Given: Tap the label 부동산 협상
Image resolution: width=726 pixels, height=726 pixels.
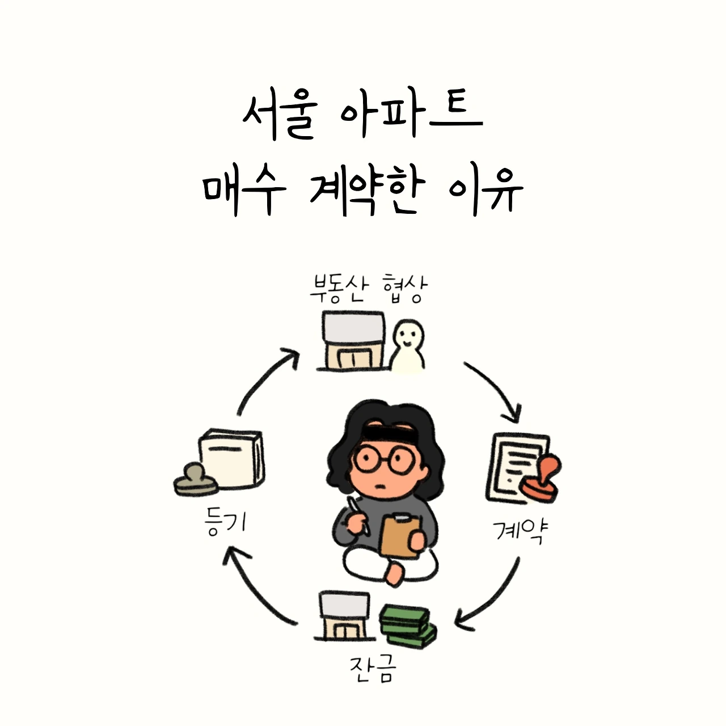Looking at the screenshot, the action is (369, 289).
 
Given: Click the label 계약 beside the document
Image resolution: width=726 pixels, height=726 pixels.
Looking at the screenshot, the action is (520, 531).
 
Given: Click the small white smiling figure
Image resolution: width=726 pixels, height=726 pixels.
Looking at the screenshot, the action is (408, 346).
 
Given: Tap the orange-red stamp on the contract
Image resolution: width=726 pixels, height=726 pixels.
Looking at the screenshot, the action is (541, 478).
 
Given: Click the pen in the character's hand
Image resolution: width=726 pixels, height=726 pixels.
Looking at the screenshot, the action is (357, 515).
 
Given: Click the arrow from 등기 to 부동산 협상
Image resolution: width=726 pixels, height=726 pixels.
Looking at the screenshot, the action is (264, 377).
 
